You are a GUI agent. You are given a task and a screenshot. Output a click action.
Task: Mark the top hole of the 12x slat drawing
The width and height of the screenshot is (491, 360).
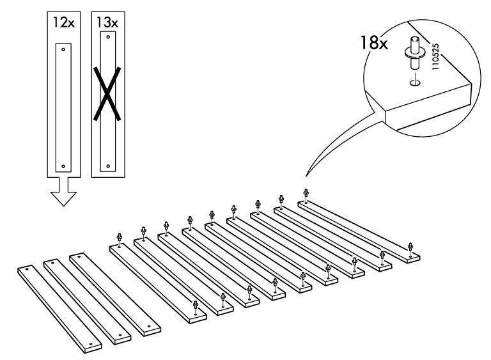tap(63, 48)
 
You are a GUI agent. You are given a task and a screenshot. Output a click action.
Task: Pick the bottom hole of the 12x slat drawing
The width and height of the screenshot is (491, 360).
tap(63, 166)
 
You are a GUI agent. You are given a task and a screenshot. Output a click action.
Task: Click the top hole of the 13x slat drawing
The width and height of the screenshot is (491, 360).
tap(107, 38)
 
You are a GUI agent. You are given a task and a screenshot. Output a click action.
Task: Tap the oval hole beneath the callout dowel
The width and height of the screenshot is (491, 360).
tap(413, 82)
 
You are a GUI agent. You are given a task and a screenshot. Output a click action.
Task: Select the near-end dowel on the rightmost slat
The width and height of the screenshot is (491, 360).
tap(410, 247)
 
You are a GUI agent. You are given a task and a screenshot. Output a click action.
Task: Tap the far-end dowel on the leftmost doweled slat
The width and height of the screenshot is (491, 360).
tap(120, 239)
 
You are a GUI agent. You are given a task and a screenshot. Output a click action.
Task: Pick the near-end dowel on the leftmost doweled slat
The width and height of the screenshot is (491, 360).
tap(196, 306)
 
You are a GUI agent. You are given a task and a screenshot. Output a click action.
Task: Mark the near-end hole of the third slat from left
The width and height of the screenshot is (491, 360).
tap(149, 326)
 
